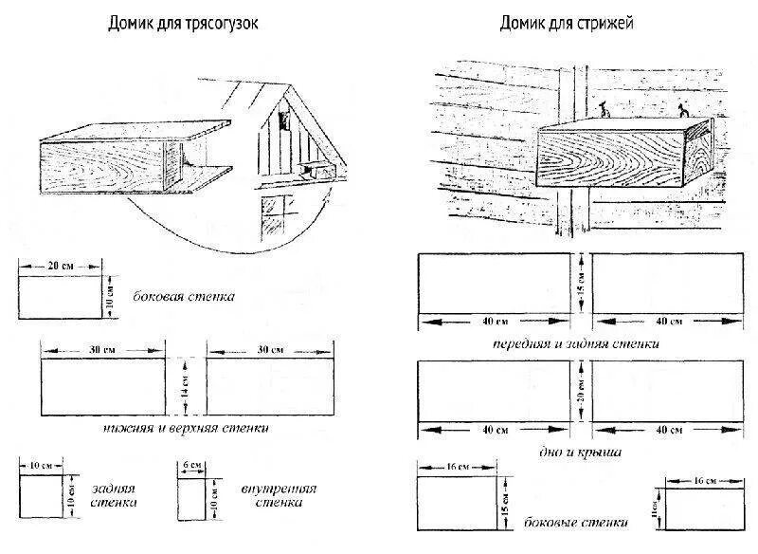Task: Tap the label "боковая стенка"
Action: (186, 296)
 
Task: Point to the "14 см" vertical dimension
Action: (186, 387)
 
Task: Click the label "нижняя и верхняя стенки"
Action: (186, 428)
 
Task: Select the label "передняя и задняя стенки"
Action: (576, 344)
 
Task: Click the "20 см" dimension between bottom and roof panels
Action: (580, 391)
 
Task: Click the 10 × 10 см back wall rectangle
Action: (41, 497)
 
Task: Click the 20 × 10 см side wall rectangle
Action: (59, 297)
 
